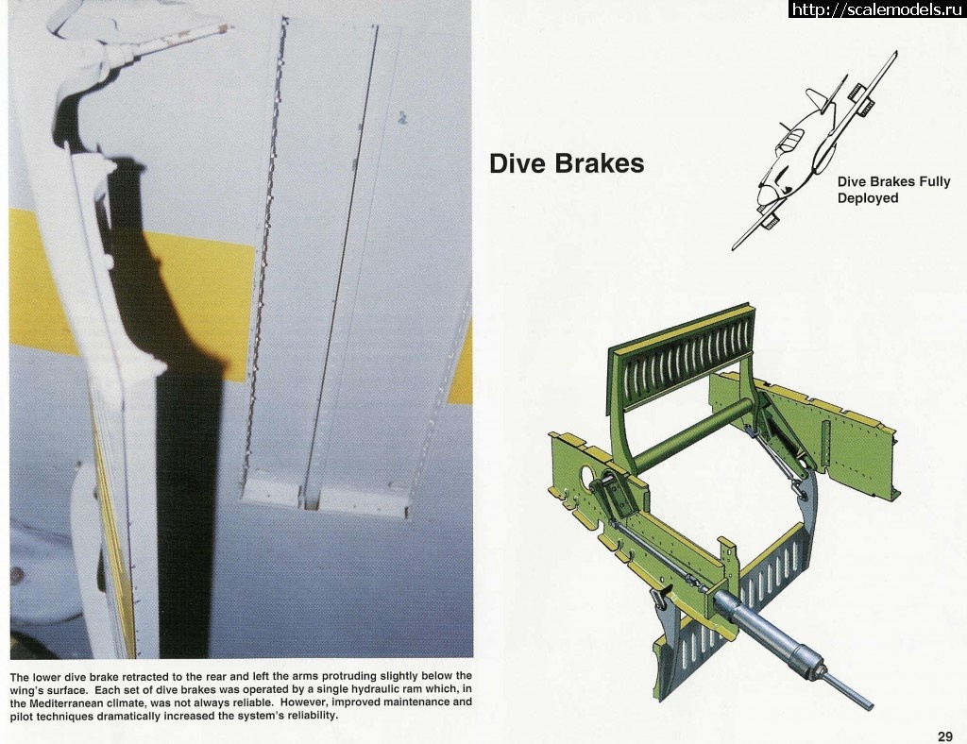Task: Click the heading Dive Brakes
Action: click(567, 164)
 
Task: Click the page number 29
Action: click(944, 736)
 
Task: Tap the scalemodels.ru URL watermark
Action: click(877, 9)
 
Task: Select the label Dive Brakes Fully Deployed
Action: click(893, 190)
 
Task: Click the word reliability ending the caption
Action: click(313, 717)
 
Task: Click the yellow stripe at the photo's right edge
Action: click(461, 364)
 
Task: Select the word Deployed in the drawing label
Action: click(868, 198)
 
